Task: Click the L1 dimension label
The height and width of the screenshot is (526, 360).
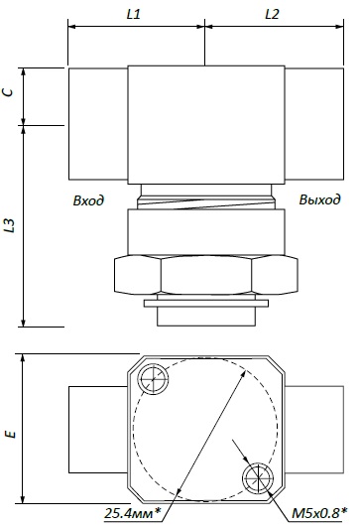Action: [134, 14]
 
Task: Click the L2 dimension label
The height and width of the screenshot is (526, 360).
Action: [272, 14]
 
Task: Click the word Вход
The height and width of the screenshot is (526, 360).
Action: [88, 200]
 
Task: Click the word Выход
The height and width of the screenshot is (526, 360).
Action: [319, 199]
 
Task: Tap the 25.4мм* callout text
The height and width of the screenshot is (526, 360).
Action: [132, 513]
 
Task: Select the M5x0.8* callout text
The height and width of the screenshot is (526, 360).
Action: [319, 513]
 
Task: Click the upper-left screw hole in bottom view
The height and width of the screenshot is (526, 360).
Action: [153, 379]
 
